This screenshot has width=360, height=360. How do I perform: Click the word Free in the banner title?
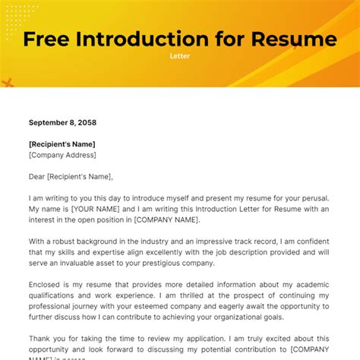coord(49,39)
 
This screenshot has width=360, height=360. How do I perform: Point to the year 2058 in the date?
coord(85,122)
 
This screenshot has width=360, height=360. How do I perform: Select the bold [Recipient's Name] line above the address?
coord(62,144)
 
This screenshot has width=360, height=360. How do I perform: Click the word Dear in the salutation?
coord(36,176)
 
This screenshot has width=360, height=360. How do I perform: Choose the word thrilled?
coord(192,295)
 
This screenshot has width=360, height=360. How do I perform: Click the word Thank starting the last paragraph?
coord(41,339)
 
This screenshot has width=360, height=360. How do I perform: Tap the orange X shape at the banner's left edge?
coord(7,83)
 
